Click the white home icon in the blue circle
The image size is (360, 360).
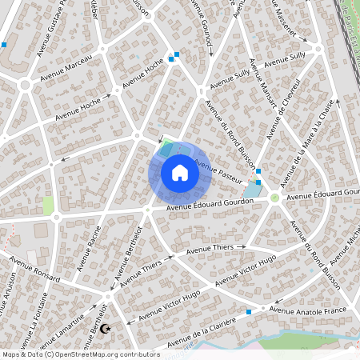[x=180, y=172]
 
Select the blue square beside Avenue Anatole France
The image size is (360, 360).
[x=250, y=311]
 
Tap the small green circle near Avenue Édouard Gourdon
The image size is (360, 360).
[x=274, y=198]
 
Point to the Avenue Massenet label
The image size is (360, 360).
[x=282, y=25]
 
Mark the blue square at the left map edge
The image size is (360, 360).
[x=4, y=45]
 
